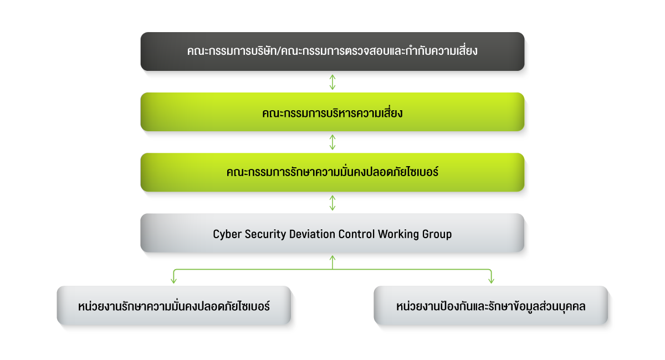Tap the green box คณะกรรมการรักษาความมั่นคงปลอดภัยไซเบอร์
(332, 172)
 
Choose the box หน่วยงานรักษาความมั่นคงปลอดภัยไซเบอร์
(174, 306)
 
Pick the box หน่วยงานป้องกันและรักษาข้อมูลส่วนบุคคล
(491, 306)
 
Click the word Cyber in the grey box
(226, 234)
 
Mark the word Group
(437, 234)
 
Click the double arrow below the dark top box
(332, 81)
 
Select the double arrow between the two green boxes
(332, 142)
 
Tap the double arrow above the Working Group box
(332, 203)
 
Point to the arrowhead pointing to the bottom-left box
(174, 281)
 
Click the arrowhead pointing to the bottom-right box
(491, 281)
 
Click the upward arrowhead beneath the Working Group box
(332, 258)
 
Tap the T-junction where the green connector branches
(332, 270)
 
